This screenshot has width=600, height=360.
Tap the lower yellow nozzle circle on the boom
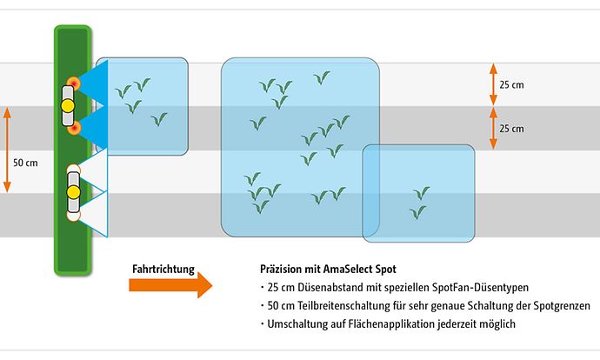[73, 190]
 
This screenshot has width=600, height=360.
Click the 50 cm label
[26, 163]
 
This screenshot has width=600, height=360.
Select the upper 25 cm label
[511, 85]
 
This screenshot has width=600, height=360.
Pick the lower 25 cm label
[511, 129]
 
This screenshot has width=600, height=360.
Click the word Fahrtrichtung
[163, 269]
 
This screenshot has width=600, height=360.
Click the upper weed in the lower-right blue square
[423, 192]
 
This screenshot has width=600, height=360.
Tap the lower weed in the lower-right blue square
[418, 211]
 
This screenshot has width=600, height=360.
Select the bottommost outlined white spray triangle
[97, 214]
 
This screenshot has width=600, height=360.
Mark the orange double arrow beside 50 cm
[8, 150]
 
